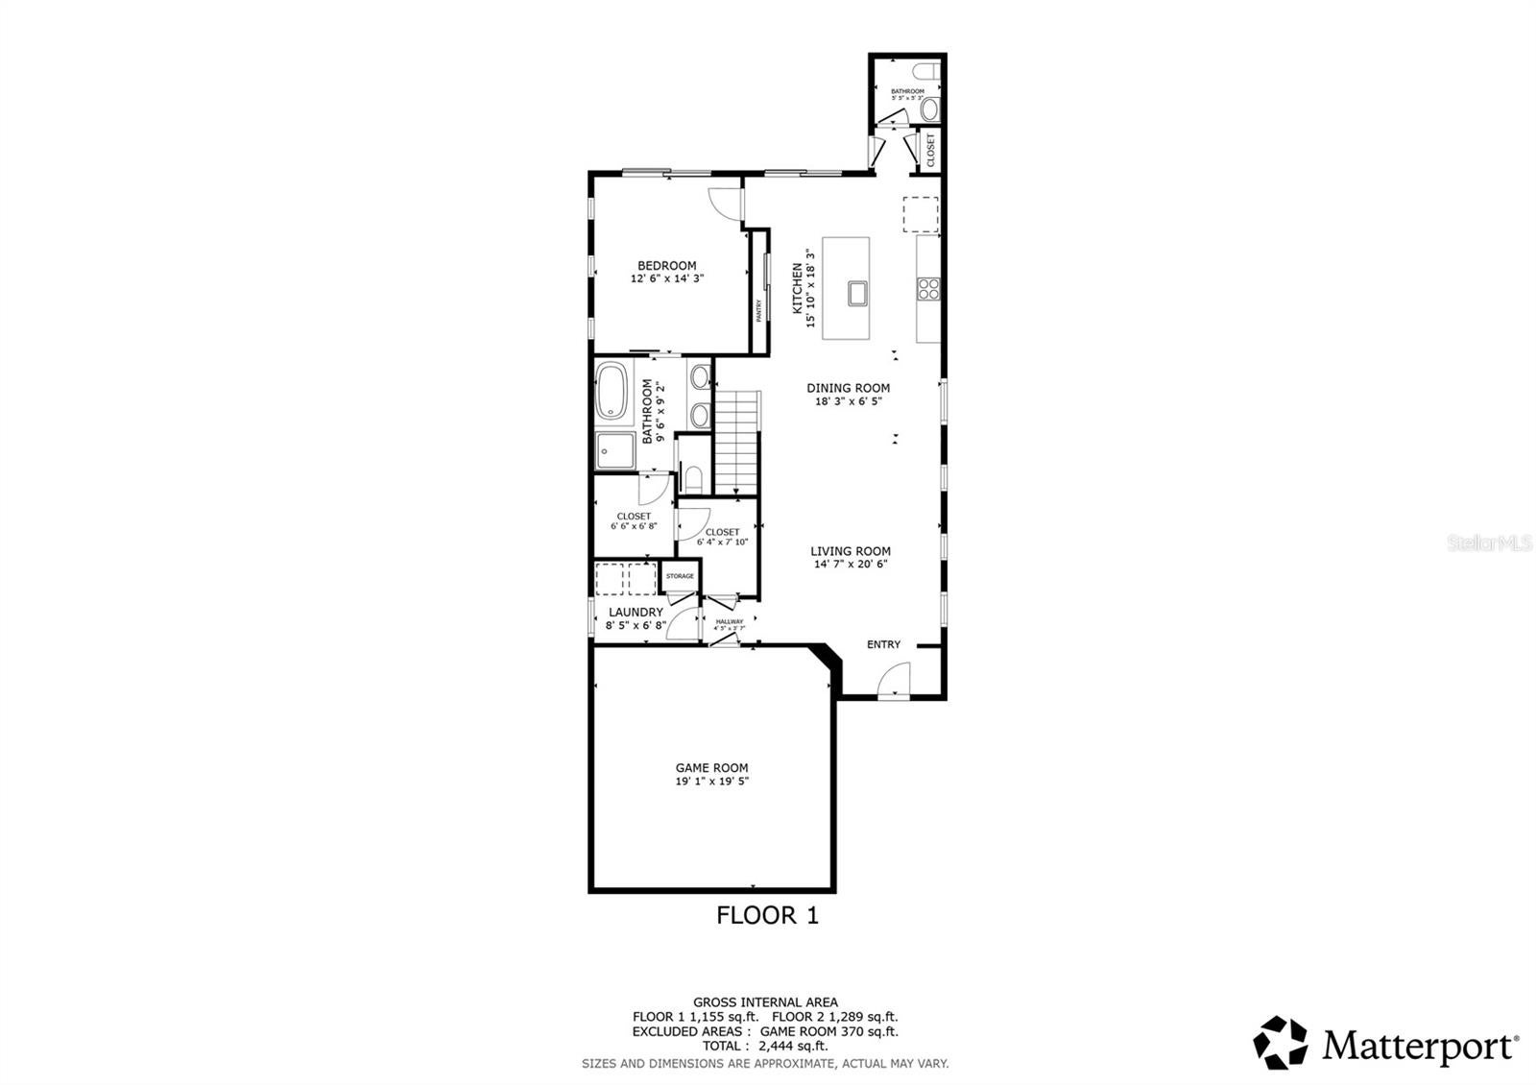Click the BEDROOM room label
pyautogui.click(x=667, y=266)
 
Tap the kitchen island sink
pyautogui.click(x=858, y=293)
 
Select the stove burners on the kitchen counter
pyautogui.click(x=928, y=289)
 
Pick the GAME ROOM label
pyautogui.click(x=711, y=767)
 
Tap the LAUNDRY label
pyautogui.click(x=636, y=612)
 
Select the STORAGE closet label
pyautogui.click(x=680, y=576)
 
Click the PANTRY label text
pyautogui.click(x=758, y=310)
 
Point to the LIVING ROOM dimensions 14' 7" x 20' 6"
pyautogui.click(x=851, y=565)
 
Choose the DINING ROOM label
pyautogui.click(x=848, y=388)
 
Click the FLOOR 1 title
pyautogui.click(x=767, y=915)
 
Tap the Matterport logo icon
pyautogui.click(x=1282, y=1043)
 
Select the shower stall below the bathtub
pyautogui.click(x=614, y=450)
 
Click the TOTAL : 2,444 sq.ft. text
pyautogui.click(x=765, y=1047)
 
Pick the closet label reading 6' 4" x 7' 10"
pyautogui.click(x=722, y=542)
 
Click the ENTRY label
pyautogui.click(x=883, y=644)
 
